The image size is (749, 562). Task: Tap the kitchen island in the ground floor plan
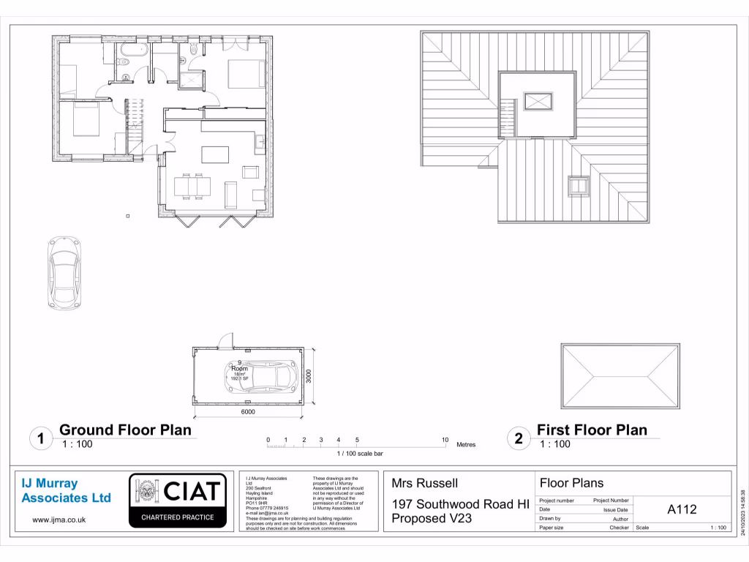coord(214,154)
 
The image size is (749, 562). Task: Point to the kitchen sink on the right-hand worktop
coord(260,141)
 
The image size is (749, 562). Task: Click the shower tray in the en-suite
coord(192,78)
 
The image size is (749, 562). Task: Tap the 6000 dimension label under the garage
coord(248,412)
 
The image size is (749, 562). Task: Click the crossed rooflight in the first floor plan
coord(538,101)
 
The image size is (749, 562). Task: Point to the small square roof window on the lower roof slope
coord(579,186)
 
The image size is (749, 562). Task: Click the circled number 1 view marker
coord(41,439)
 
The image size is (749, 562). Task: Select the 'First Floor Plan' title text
coord(592,430)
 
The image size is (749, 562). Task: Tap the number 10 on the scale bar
coord(445,440)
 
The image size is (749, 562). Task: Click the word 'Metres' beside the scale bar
coord(466,444)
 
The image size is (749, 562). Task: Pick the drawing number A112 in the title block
coord(682,510)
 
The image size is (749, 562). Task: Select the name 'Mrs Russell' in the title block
coord(424,483)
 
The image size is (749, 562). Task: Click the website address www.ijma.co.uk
coord(59,520)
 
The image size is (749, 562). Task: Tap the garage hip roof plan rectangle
coord(620,375)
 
